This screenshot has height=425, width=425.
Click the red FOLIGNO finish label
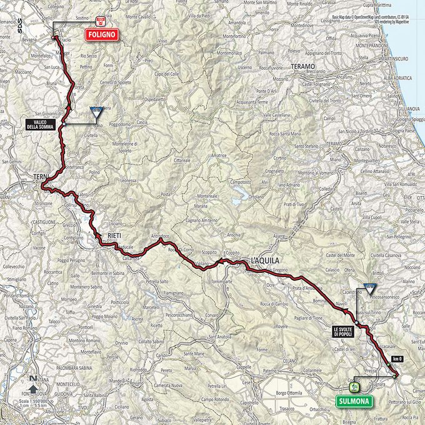pyautogui.click(x=104, y=36)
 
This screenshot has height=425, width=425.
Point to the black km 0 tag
pyautogui.click(x=396, y=359)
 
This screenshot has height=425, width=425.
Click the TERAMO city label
pyautogui.click(x=305, y=66)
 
